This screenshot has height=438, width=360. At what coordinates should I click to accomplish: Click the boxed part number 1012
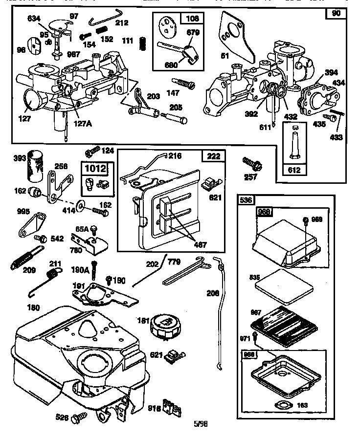coord(95,169)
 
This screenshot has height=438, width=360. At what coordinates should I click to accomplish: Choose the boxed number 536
coord(246,200)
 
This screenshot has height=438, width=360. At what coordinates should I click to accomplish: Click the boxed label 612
coord(295,171)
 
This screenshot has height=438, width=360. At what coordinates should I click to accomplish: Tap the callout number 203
coord(153,96)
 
